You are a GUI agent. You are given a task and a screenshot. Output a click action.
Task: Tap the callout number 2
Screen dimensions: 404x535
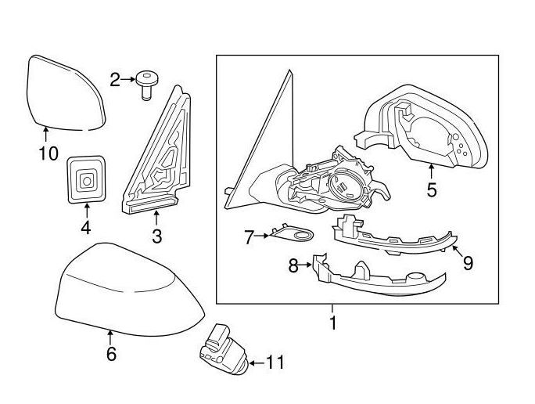point(116,79)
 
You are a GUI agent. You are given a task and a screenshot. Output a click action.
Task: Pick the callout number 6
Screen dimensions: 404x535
point(111,355)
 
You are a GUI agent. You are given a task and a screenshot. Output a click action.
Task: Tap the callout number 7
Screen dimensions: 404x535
point(249,237)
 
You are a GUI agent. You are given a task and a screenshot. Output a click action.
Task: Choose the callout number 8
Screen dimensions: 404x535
point(293,266)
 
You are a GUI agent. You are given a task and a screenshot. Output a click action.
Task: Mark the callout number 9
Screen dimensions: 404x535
point(468,263)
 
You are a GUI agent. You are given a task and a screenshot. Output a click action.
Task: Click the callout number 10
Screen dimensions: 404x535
point(48,153)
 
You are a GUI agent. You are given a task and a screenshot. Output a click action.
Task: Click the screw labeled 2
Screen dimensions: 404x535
point(146,82)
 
